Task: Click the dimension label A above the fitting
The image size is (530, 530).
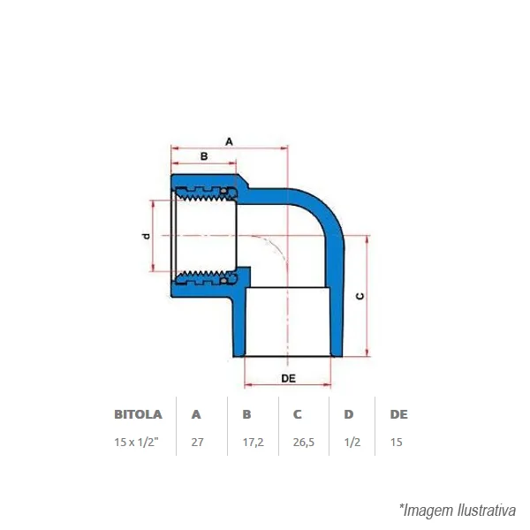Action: (x=229, y=141)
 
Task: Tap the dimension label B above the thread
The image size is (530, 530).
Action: (x=204, y=156)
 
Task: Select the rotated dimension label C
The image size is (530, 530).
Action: (x=360, y=296)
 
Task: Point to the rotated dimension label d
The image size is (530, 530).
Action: (x=146, y=236)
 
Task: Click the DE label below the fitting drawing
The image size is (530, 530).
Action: (x=288, y=378)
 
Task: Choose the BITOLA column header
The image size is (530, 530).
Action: (x=138, y=414)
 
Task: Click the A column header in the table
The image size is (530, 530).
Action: (x=196, y=414)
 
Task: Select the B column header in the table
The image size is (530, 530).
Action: (x=246, y=414)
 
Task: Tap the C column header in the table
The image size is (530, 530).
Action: (x=297, y=414)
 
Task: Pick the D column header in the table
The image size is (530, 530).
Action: (x=349, y=414)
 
